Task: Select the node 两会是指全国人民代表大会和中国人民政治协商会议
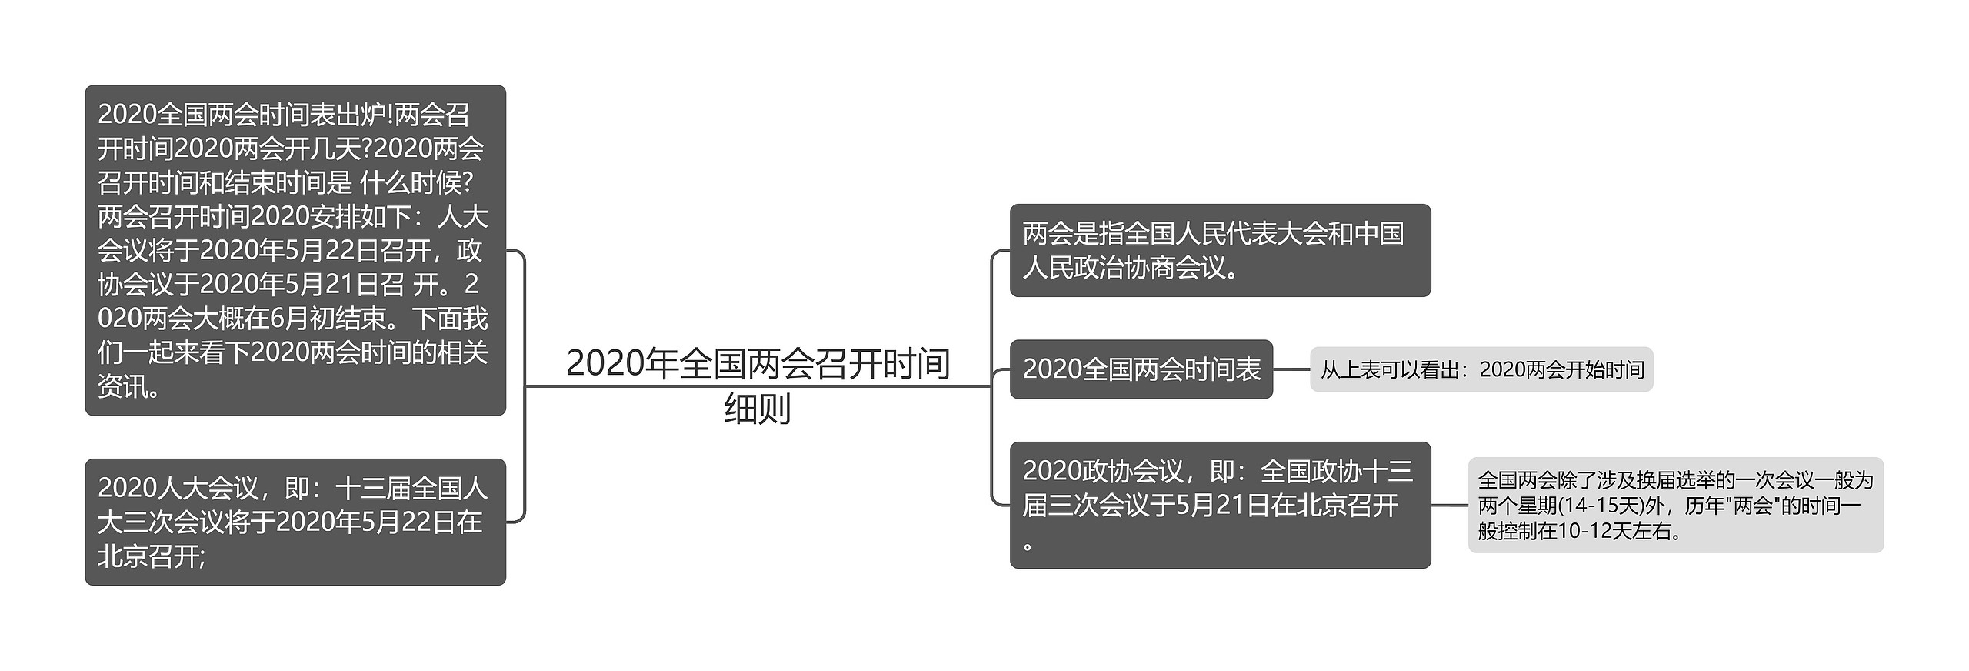coord(1219,250)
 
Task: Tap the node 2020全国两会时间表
coord(1141,369)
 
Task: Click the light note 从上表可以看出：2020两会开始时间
coord(1481,370)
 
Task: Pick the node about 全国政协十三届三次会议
coord(1219,505)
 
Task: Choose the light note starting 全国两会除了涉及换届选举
coord(1674,506)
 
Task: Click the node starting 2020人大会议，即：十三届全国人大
coord(295,522)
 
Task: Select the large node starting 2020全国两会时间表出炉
coord(295,250)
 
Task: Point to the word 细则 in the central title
coord(758,409)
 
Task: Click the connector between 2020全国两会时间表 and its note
coord(1291,369)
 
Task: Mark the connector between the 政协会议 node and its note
coord(1449,506)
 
